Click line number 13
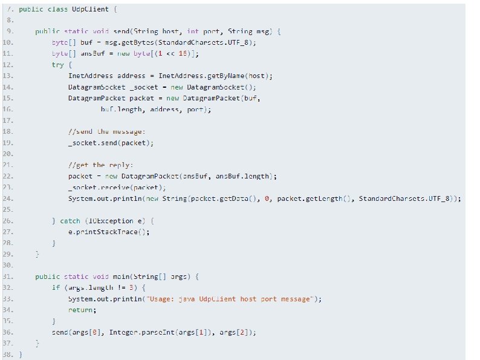[8, 76]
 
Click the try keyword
[58, 65]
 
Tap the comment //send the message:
[107, 131]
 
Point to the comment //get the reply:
[101, 165]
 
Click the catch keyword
[70, 221]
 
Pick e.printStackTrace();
[109, 232]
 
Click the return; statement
[82, 310]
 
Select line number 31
[8, 276]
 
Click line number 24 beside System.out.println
[8, 198]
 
